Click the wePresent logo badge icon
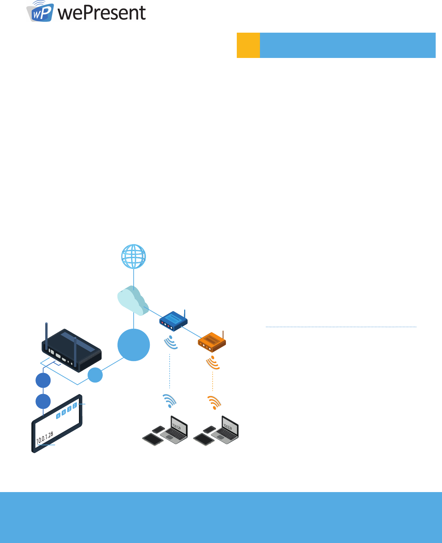[40, 12]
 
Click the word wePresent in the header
[102, 13]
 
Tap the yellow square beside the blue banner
[248, 45]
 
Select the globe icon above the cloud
[134, 256]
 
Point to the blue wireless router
[173, 321]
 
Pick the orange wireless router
[212, 341]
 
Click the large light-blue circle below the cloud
[134, 345]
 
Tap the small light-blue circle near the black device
[95, 375]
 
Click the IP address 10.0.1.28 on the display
[45, 438]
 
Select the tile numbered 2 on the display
[75, 406]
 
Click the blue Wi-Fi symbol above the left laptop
[170, 401]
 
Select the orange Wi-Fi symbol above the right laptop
[214, 403]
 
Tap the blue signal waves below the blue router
[171, 342]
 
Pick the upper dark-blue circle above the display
[43, 380]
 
